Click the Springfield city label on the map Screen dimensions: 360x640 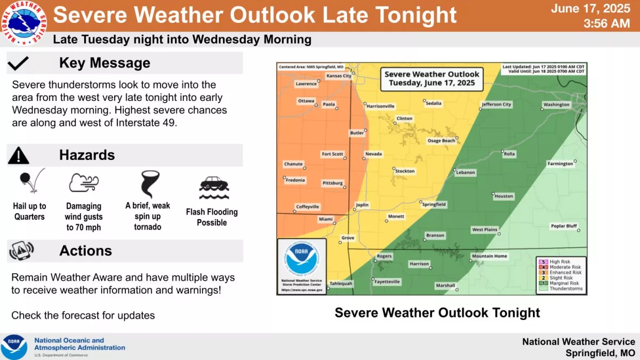434,204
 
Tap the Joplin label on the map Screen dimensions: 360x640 362,204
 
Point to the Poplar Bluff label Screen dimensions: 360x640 564,226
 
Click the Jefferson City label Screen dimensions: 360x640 497,105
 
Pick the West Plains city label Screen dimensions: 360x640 484,230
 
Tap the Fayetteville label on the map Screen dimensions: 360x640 387,282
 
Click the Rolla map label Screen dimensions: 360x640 510,154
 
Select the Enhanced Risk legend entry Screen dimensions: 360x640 563,273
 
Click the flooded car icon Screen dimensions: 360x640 213,185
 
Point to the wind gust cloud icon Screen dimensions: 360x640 84,183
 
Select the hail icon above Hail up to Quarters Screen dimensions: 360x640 30,182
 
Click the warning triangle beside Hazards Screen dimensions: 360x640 19,155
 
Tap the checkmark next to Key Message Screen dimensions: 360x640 18,63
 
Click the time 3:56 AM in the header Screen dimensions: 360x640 606,23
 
